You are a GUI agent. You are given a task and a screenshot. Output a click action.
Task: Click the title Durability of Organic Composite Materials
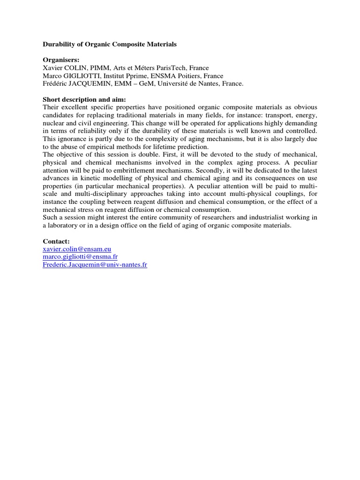(x=110, y=45)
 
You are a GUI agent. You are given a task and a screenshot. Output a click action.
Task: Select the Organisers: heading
(x=61, y=60)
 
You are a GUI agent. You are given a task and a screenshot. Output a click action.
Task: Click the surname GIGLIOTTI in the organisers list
(x=82, y=76)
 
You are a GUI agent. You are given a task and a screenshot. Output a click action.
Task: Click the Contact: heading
(x=56, y=241)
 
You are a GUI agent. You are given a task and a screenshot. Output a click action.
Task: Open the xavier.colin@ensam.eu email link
(x=77, y=249)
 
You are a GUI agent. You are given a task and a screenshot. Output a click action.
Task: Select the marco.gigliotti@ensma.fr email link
(x=80, y=257)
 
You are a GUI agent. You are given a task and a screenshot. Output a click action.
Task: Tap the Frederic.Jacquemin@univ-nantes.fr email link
(x=95, y=265)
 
